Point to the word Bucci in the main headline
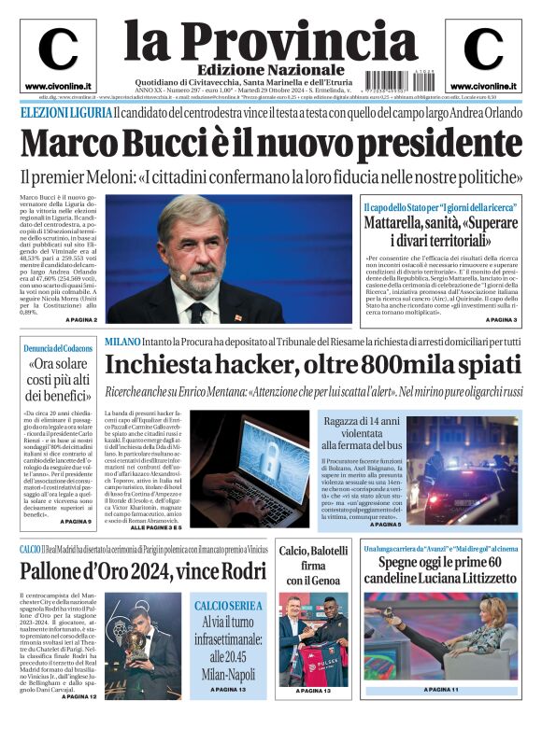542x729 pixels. [166, 144]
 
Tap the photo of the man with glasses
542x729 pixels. [228, 259]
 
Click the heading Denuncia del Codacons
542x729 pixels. [58, 348]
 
